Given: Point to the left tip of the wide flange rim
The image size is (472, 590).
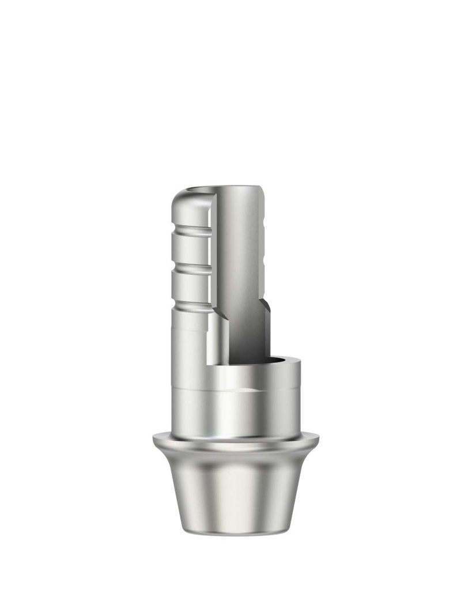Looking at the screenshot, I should (x=155, y=441).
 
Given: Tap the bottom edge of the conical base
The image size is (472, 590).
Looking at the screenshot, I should (x=236, y=532).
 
